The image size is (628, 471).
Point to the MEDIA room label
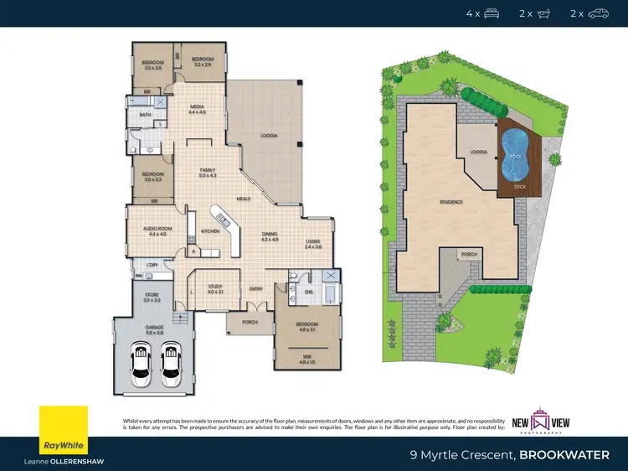[197, 106]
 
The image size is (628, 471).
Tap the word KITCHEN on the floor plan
[209, 230]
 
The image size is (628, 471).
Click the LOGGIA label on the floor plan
[268, 135]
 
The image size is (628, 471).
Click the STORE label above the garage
[150, 295]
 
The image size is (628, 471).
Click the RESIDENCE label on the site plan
[452, 202]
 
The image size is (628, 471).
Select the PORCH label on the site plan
[468, 254]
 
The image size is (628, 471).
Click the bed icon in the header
[492, 13]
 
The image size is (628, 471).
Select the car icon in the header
[598, 13]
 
